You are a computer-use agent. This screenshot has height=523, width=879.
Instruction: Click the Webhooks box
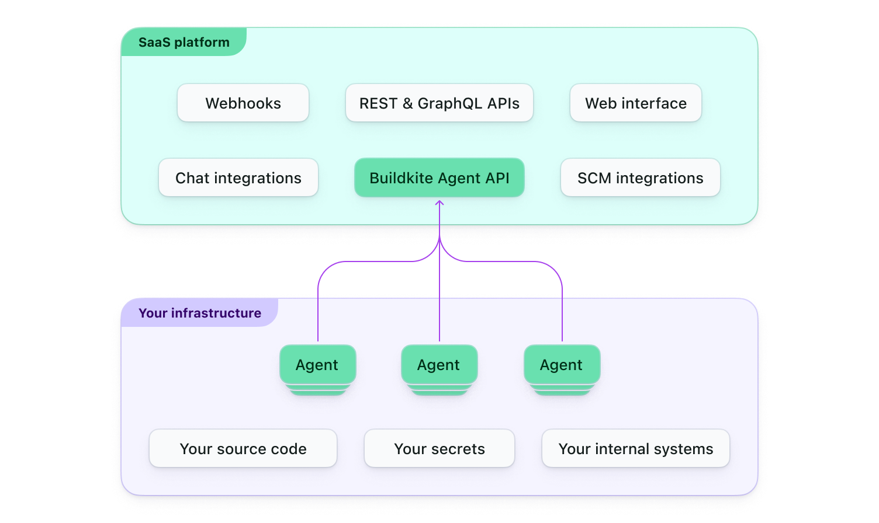click(x=243, y=103)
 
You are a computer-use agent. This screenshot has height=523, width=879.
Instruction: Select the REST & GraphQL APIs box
click(x=439, y=103)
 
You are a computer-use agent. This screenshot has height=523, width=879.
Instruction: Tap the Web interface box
click(x=636, y=103)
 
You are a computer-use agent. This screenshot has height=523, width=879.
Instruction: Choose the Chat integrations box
click(x=238, y=178)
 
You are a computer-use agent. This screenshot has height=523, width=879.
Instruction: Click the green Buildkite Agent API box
click(x=439, y=178)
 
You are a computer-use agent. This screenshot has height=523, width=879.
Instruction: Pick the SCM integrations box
click(x=641, y=178)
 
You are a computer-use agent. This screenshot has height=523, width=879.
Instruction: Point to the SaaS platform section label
click(x=184, y=43)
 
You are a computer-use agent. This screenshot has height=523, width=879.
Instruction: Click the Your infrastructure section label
click(x=199, y=313)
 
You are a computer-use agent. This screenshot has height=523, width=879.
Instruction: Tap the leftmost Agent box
click(x=317, y=365)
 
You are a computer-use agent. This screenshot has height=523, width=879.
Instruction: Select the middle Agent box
click(x=439, y=365)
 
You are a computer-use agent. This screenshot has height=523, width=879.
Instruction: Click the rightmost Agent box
click(x=562, y=365)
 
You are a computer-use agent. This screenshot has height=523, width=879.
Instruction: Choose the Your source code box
click(x=243, y=449)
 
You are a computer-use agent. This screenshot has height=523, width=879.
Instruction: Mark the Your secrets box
click(x=439, y=449)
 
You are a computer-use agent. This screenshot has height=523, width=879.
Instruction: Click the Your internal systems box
click(x=636, y=449)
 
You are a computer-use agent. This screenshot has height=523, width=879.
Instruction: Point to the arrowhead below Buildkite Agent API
click(x=439, y=203)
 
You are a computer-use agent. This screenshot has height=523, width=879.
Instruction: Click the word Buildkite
click(x=402, y=178)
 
